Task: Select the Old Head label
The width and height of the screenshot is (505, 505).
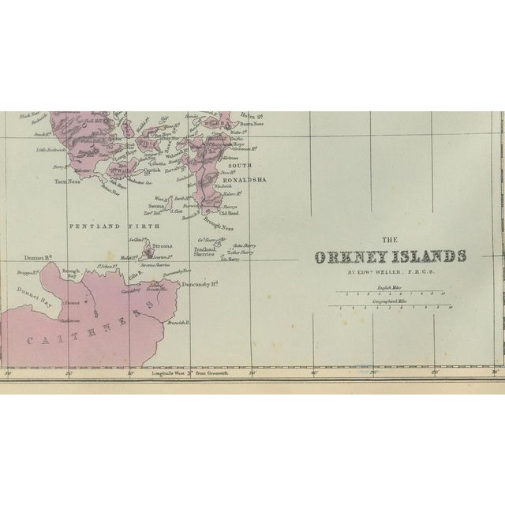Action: pyautogui.click(x=229, y=211)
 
